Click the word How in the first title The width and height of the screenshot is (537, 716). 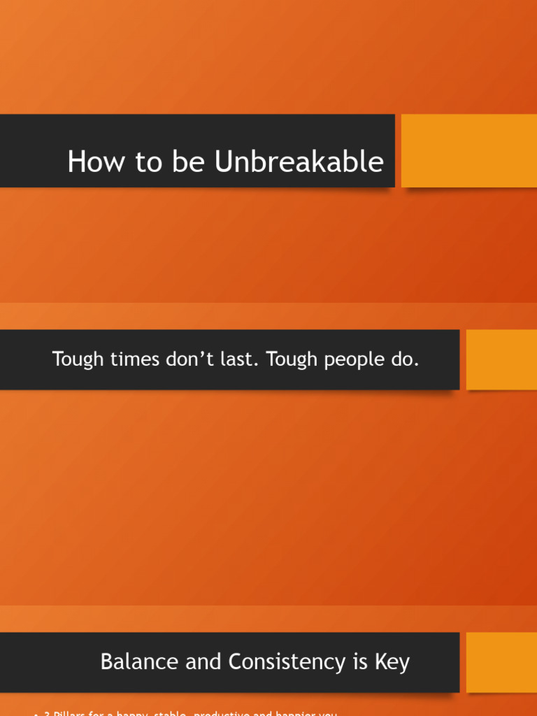(x=90, y=162)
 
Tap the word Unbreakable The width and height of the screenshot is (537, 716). (x=299, y=162)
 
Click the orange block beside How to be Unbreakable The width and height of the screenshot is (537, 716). (x=468, y=151)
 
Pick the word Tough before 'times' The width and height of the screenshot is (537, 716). (x=76, y=360)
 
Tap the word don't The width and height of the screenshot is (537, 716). (x=193, y=360)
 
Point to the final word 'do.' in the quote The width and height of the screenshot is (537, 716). (x=407, y=360)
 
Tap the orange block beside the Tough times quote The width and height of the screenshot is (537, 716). (x=501, y=359)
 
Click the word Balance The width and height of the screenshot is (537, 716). (x=135, y=661)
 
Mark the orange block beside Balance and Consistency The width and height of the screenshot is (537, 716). (x=501, y=662)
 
